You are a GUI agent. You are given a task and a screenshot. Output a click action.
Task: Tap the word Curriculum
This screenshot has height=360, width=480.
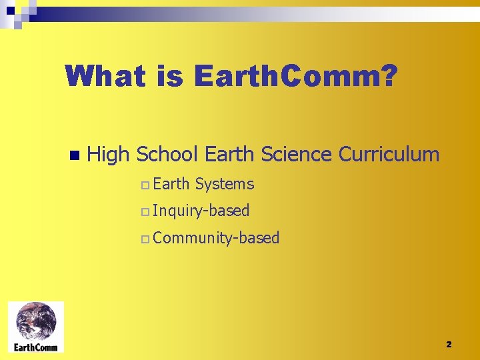pyautogui.click(x=389, y=155)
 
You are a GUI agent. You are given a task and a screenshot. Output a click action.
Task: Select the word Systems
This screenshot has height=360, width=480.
pyautogui.click(x=225, y=184)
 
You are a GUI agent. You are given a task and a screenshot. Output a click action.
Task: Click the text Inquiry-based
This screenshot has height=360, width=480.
pyautogui.click(x=201, y=211)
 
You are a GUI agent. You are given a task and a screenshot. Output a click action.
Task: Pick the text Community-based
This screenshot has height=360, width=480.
pyautogui.click(x=216, y=238)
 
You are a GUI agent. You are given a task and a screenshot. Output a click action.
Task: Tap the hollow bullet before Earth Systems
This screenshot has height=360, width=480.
pyautogui.click(x=145, y=185)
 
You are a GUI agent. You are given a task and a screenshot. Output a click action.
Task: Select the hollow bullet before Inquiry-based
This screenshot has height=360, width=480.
pyautogui.click(x=145, y=212)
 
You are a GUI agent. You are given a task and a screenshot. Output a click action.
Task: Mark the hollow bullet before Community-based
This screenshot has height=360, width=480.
pyautogui.click(x=145, y=239)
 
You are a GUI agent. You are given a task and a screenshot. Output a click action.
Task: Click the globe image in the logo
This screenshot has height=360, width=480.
pyautogui.click(x=36, y=322)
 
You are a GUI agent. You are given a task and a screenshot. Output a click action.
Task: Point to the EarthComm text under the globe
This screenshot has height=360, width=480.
pyautogui.click(x=36, y=347)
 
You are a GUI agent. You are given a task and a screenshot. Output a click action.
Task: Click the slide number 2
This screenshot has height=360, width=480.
pyautogui.click(x=449, y=344)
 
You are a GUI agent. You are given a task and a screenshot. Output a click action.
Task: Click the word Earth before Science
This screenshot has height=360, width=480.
pyautogui.click(x=230, y=155)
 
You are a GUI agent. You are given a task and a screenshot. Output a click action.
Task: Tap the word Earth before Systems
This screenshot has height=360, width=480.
pyautogui.click(x=171, y=184)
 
